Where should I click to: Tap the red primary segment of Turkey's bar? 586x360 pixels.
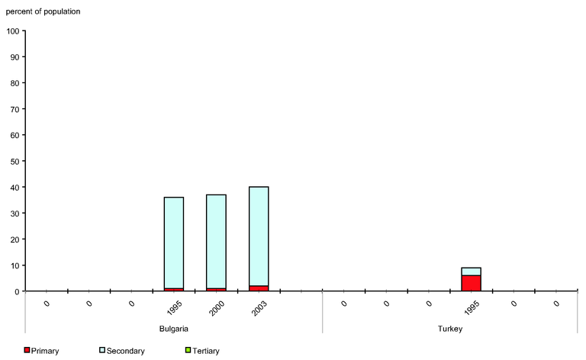471,283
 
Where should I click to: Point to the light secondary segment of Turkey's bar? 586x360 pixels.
471,272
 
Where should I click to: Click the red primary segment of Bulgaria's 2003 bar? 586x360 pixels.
259,288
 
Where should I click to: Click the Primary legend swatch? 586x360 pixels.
27,350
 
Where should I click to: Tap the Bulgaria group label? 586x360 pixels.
173,328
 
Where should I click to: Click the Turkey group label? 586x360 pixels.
450,328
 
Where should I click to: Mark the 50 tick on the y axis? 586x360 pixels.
14,161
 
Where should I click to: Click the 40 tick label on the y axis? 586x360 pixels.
14,187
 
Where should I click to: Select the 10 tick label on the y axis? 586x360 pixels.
14,265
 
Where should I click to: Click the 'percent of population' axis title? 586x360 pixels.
43,11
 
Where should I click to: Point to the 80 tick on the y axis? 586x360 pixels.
14,83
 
